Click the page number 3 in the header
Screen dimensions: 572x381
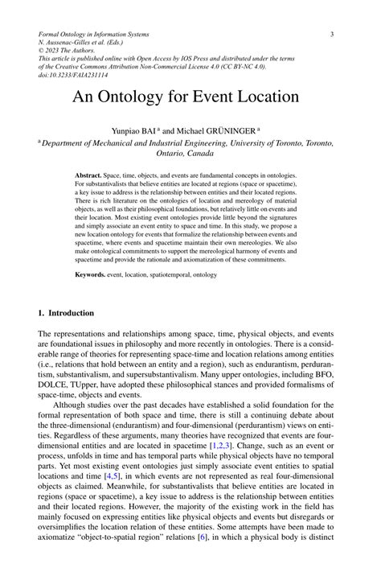pos(331,35)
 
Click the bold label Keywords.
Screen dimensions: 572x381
pos(90,274)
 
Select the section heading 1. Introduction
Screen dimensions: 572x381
pos(66,312)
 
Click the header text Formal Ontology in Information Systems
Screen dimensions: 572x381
pos(105,35)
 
